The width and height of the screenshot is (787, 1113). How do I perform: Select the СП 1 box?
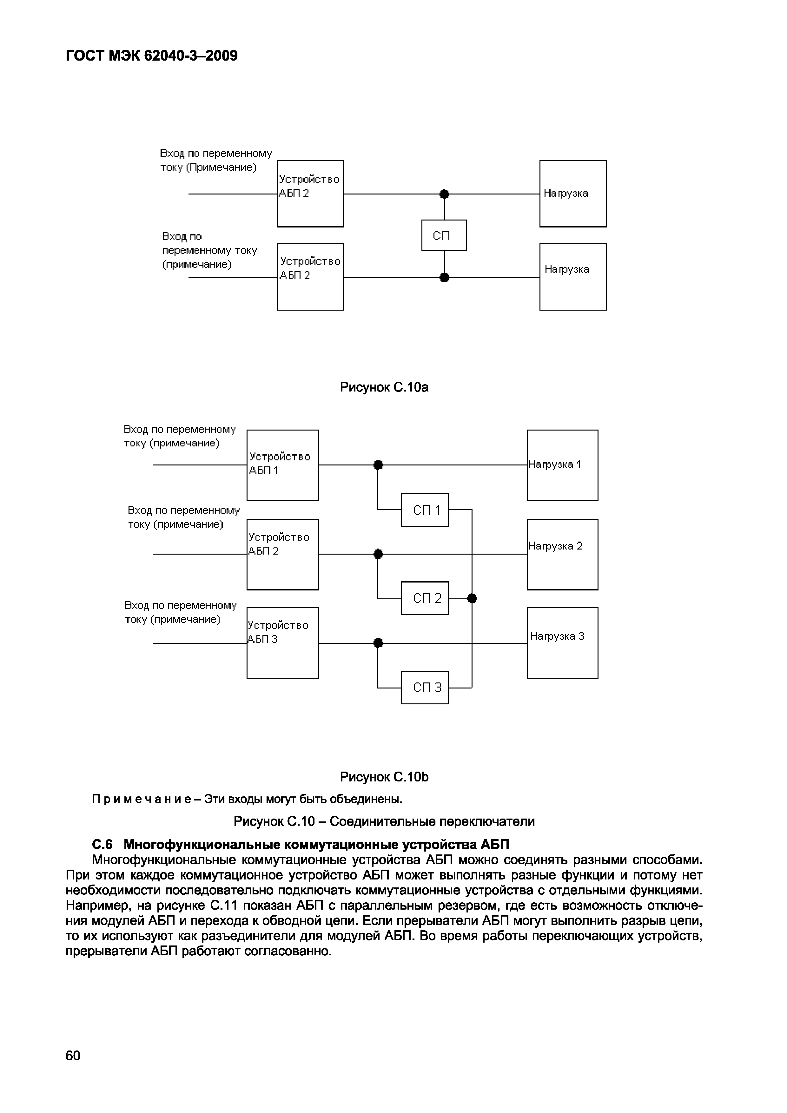click(425, 510)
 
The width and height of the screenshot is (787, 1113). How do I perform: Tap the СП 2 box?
click(425, 598)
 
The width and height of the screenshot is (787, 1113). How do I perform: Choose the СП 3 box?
click(425, 688)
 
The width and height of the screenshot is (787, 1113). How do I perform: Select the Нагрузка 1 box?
click(563, 465)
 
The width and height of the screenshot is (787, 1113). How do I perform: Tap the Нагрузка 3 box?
click(563, 643)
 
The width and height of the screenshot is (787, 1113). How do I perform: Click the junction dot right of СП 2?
click(472, 599)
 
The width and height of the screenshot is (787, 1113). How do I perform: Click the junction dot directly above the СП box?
click(444, 194)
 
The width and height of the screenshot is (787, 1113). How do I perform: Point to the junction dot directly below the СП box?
click(444, 278)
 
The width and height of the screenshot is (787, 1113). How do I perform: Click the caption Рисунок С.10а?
click(384, 387)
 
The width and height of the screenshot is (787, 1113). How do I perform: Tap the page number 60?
click(73, 1056)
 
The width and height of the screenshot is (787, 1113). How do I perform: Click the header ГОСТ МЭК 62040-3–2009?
click(152, 56)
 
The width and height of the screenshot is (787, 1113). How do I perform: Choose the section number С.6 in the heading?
click(102, 845)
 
